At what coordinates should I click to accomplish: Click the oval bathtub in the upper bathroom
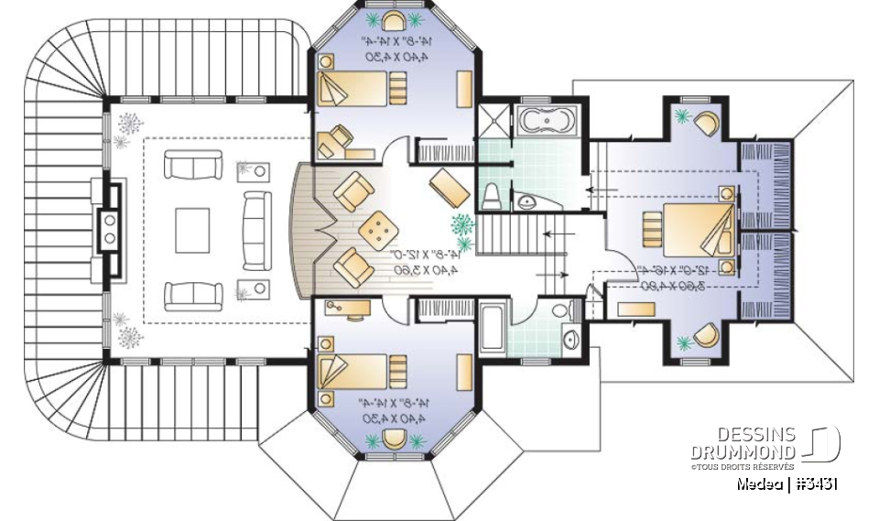point(545,119)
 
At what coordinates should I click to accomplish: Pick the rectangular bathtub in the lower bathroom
point(489,330)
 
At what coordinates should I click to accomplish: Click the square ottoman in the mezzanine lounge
point(375,229)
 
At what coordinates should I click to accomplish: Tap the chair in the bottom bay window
point(395,438)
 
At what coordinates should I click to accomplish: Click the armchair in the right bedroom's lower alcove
point(706,336)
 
